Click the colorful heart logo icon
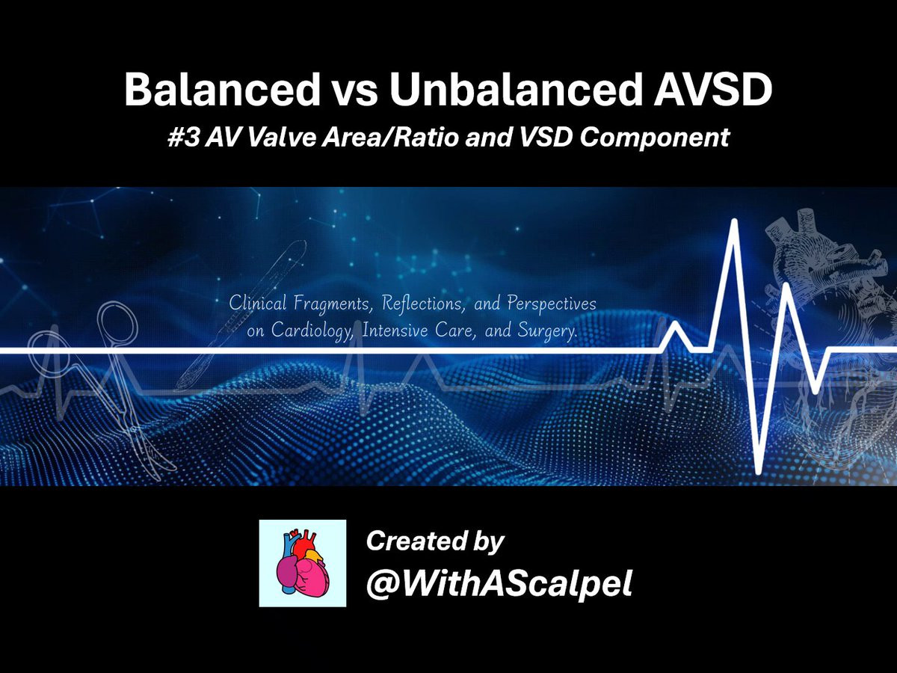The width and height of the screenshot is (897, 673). point(303,563)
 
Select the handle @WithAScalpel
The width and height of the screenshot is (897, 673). point(499,584)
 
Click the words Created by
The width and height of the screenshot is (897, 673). point(435,542)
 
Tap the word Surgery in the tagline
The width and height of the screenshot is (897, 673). point(548,331)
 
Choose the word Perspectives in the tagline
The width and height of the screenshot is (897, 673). point(552,304)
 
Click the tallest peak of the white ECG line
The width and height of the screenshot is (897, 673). point(734,221)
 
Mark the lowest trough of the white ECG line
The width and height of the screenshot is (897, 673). point(759,473)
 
